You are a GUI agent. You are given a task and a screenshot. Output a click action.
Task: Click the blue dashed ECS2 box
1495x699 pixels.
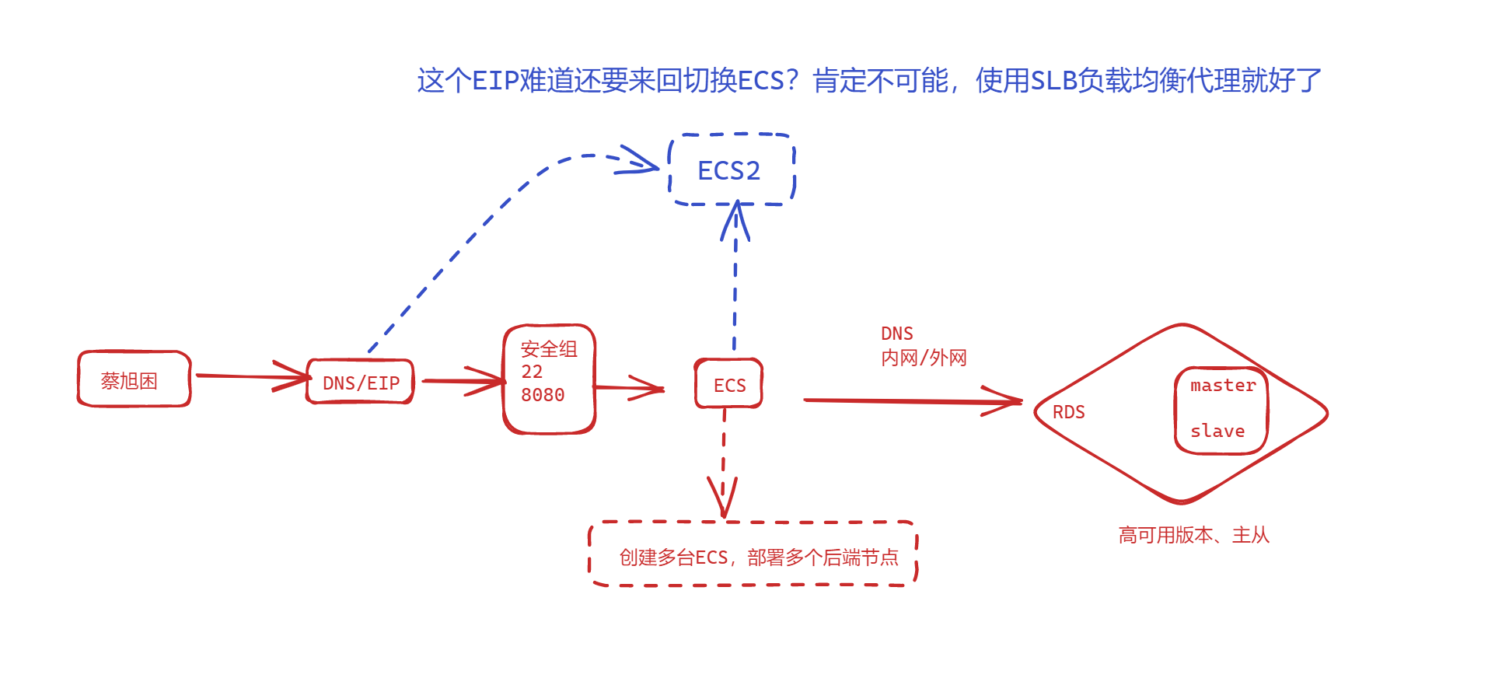730,170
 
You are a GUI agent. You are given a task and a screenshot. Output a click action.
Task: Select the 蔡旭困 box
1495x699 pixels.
134,380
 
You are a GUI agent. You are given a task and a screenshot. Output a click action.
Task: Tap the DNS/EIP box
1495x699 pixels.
361,383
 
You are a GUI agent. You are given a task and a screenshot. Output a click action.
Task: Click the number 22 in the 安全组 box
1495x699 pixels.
532,372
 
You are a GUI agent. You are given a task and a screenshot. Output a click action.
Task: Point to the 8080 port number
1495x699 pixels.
543,395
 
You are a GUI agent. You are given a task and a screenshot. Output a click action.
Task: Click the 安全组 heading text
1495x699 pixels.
549,349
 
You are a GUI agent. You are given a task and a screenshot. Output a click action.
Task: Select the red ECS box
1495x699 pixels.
729,385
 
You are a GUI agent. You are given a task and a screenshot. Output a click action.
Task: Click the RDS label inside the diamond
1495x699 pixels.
1068,412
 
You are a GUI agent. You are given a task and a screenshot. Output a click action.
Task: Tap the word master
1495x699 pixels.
1222,386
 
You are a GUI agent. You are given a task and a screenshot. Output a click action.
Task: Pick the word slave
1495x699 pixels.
1217,431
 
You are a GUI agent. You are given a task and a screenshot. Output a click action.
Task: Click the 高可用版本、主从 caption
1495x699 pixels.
1193,535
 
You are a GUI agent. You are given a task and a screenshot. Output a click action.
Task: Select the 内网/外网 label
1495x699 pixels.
924,358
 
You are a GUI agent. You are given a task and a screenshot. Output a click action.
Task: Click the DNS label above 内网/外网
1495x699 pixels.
896,334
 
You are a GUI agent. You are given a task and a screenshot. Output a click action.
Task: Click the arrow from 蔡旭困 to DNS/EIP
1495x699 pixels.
249,377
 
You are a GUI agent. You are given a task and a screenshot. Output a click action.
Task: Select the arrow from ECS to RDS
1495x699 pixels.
910,400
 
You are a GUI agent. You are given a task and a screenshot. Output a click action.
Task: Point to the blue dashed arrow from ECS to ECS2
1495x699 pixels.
735,288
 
